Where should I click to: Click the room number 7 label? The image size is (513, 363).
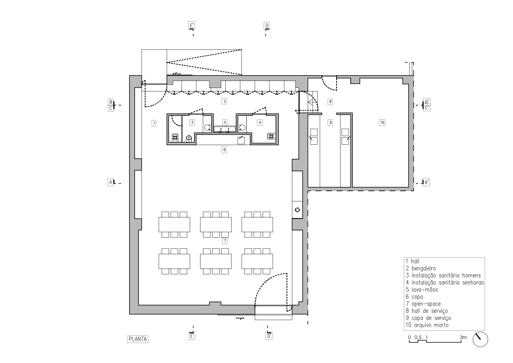pos(224,241)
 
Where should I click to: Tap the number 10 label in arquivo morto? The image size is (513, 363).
pos(382,123)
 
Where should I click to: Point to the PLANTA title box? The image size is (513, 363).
pos(138,339)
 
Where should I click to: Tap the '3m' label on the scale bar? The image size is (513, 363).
pos(463,337)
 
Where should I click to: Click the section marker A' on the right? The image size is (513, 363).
pos(426,182)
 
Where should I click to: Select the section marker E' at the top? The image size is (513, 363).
pos(191,26)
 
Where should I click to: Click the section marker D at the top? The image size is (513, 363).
pos(266,26)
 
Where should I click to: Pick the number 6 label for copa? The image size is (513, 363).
pos(224,150)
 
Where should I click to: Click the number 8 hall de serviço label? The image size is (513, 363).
pos(330,102)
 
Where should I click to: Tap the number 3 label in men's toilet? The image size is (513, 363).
pos(192,122)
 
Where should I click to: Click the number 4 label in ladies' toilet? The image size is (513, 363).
pos(260,122)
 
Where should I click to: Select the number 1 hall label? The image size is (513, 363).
pos(154,123)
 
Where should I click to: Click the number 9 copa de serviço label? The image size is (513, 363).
pos(330,123)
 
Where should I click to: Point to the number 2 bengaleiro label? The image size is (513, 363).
pos(224,101)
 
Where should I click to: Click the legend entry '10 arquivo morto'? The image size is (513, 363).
pos(427,325)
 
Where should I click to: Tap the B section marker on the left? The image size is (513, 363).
pos(111,102)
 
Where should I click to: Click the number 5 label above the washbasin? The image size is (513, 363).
pos(225,122)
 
